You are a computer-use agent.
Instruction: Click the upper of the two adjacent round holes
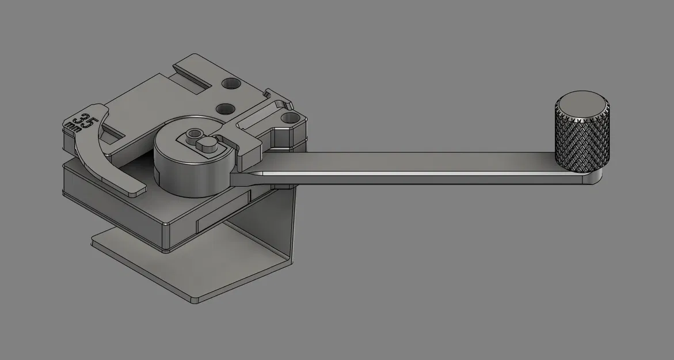pyautogui.click(x=231, y=85)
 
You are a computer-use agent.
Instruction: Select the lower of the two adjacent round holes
pyautogui.click(x=226, y=108)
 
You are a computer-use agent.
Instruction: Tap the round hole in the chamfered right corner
pyautogui.click(x=288, y=119)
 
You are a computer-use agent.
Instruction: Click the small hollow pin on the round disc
pyautogui.click(x=191, y=137)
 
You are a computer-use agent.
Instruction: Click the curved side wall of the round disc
pyautogui.click(x=184, y=176)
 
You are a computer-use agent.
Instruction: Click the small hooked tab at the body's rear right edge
pyautogui.click(x=273, y=94)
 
